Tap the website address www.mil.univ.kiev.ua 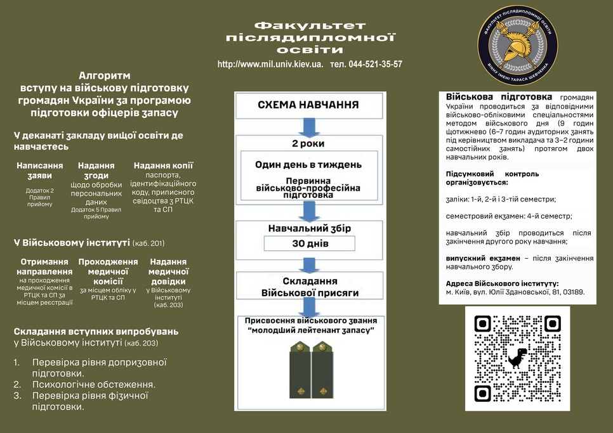pyautogui.click(x=270, y=65)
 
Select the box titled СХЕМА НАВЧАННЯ pyautogui.click(x=308, y=105)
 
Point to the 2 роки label pyautogui.click(x=308, y=144)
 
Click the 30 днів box pyautogui.click(x=309, y=243)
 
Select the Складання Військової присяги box pyautogui.click(x=310, y=287)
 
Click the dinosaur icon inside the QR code pyautogui.click(x=517, y=358)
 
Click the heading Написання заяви pyautogui.click(x=40, y=171)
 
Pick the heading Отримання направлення pyautogui.click(x=44, y=266)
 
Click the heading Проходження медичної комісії pyautogui.click(x=108, y=271)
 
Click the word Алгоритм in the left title pyautogui.click(x=104, y=75)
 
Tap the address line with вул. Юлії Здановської pyautogui.click(x=515, y=293)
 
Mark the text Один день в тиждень pyautogui.click(x=308, y=165)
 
